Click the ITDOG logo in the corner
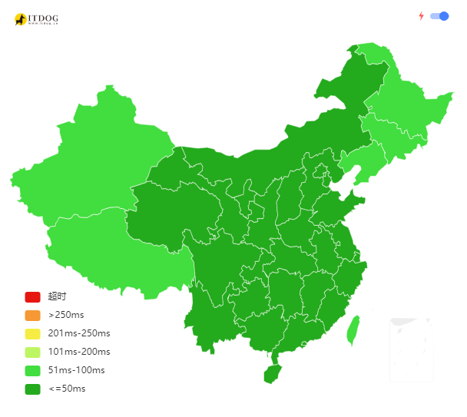[36, 19]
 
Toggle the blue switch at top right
[439, 16]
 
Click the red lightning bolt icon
[421, 16]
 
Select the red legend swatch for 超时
[32, 296]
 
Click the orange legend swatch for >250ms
[32, 315]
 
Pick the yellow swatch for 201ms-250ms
[32, 333]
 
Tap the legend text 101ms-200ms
[78, 352]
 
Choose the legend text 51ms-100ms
[76, 370]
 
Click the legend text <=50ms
[67, 389]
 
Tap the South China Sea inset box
[410, 349]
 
